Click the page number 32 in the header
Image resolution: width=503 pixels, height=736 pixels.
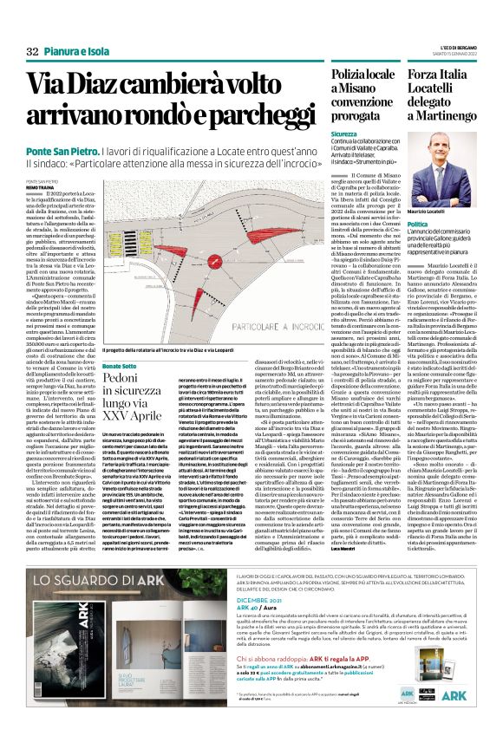coord(32,51)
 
